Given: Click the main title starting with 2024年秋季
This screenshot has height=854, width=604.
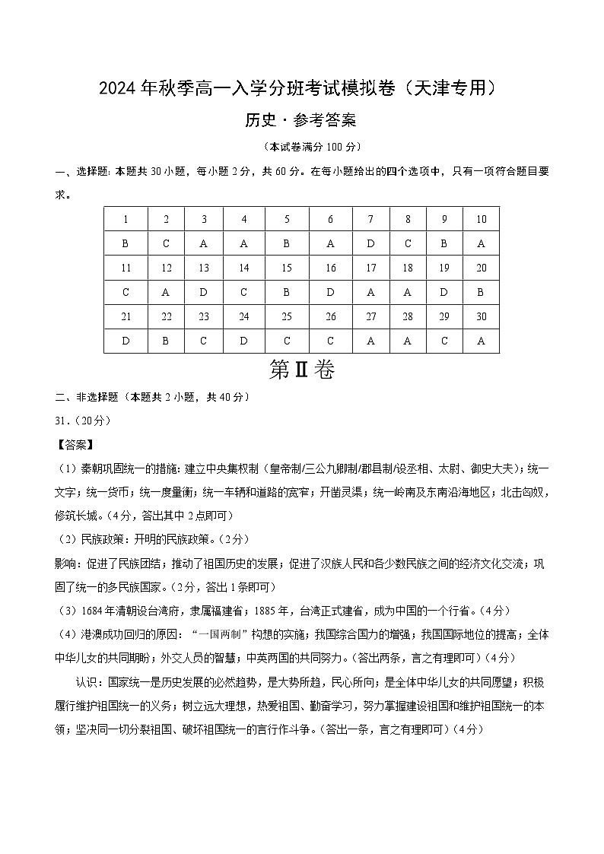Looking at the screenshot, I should pos(301,88).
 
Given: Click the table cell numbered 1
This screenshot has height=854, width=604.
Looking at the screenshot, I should pos(126,220).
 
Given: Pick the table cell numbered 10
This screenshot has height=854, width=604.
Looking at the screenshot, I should pos(481,220).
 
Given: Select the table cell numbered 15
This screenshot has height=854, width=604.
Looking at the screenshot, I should pos(287,268).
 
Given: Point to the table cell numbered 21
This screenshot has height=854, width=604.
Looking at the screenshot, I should pos(126,317).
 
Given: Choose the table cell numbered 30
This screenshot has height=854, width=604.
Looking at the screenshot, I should pos(481,317).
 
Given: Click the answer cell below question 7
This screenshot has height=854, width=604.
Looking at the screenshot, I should pos(370,244).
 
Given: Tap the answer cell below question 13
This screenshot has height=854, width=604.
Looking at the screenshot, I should pos(204,293).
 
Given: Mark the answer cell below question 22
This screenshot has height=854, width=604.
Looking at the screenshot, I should pos(166,341).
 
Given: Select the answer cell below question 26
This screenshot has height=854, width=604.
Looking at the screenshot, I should pos(330,341).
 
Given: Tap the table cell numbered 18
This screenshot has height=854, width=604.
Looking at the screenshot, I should pos(408,268).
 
